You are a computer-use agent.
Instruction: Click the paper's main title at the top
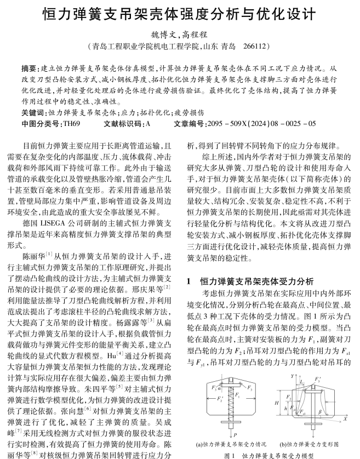pos(179,13)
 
